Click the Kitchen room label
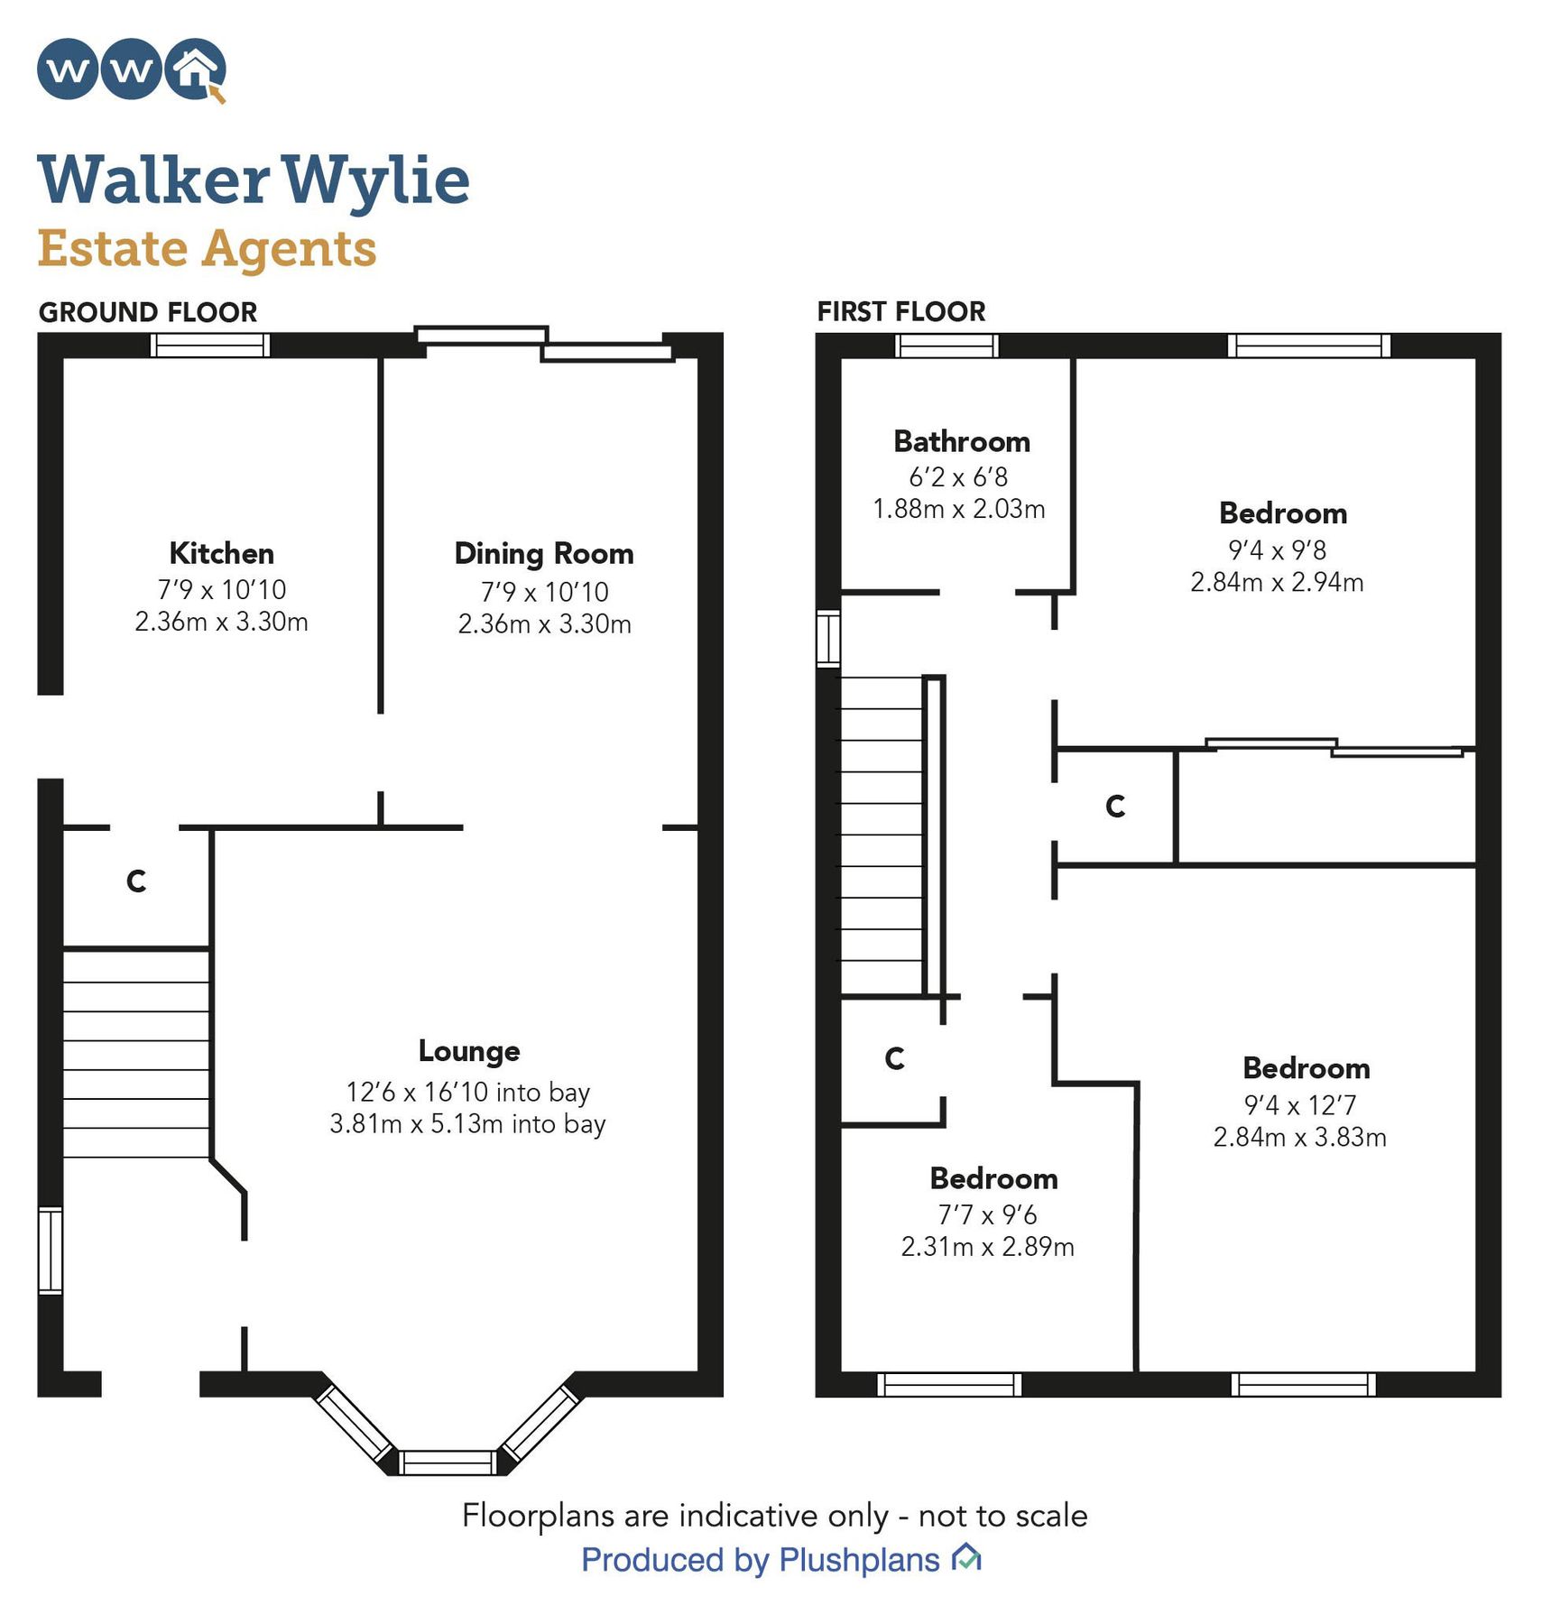point(221,553)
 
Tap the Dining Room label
point(543,553)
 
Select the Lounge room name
point(468,1050)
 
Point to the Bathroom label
point(961,441)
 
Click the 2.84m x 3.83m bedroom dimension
point(1298,1137)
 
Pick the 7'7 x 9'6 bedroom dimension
point(987,1214)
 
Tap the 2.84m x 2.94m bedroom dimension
point(1276,582)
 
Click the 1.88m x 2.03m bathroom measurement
point(958,509)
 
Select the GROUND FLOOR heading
point(148,312)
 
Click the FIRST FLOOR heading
point(900,311)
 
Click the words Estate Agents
point(207,248)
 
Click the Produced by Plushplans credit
point(761,1559)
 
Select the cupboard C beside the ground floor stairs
point(136,881)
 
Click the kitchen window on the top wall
point(210,345)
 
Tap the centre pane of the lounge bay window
point(448,1461)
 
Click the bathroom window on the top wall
point(946,345)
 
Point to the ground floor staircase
point(136,1054)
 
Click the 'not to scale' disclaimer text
point(774,1515)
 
